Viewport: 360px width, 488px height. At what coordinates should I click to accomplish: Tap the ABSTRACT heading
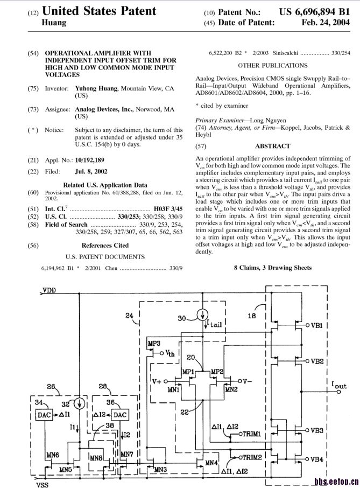[x=272, y=146]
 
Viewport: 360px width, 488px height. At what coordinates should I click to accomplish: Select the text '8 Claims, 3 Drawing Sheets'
[x=272, y=267]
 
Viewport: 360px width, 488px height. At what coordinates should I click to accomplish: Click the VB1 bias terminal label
[x=316, y=325]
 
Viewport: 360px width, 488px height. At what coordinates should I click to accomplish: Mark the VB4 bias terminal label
[x=316, y=459]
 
